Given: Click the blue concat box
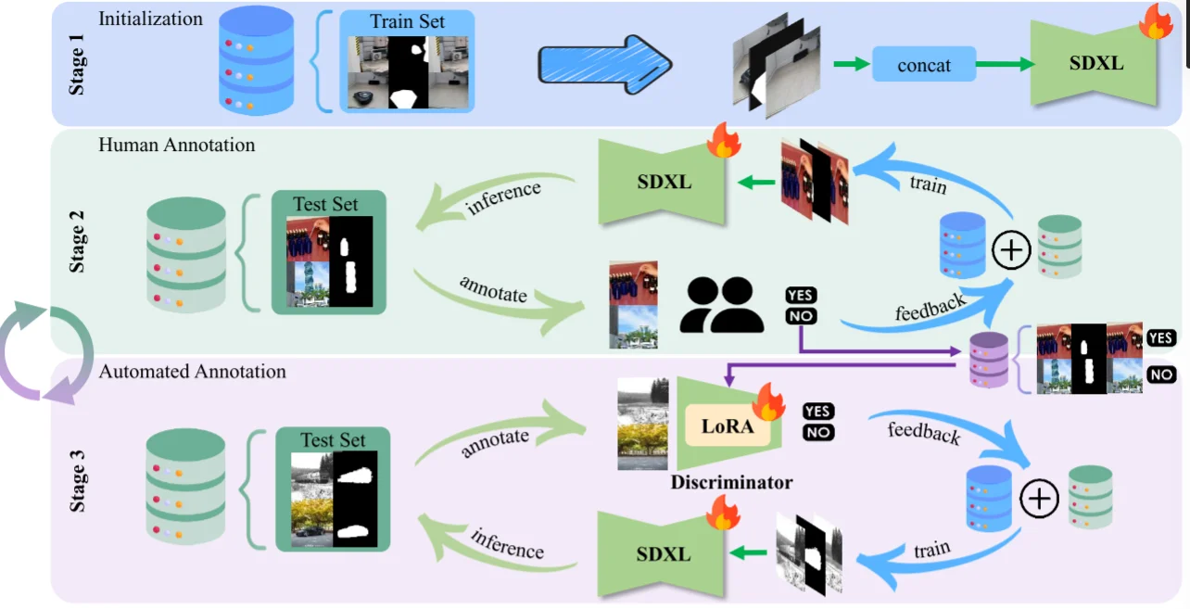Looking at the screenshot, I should tap(924, 65).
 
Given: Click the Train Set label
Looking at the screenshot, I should tap(407, 21).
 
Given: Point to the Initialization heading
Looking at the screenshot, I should tap(150, 18).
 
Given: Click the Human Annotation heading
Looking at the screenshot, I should tap(176, 145).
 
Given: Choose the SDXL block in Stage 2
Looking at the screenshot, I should tap(664, 181).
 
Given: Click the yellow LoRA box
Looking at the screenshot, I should tap(728, 429).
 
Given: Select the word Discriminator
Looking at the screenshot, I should tap(731, 482).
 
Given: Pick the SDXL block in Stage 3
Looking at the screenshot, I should tap(664, 554).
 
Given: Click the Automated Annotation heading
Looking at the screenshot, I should tap(193, 372).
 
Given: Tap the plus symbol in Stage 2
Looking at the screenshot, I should tap(1011, 250).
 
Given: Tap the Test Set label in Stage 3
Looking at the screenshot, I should tap(333, 440).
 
